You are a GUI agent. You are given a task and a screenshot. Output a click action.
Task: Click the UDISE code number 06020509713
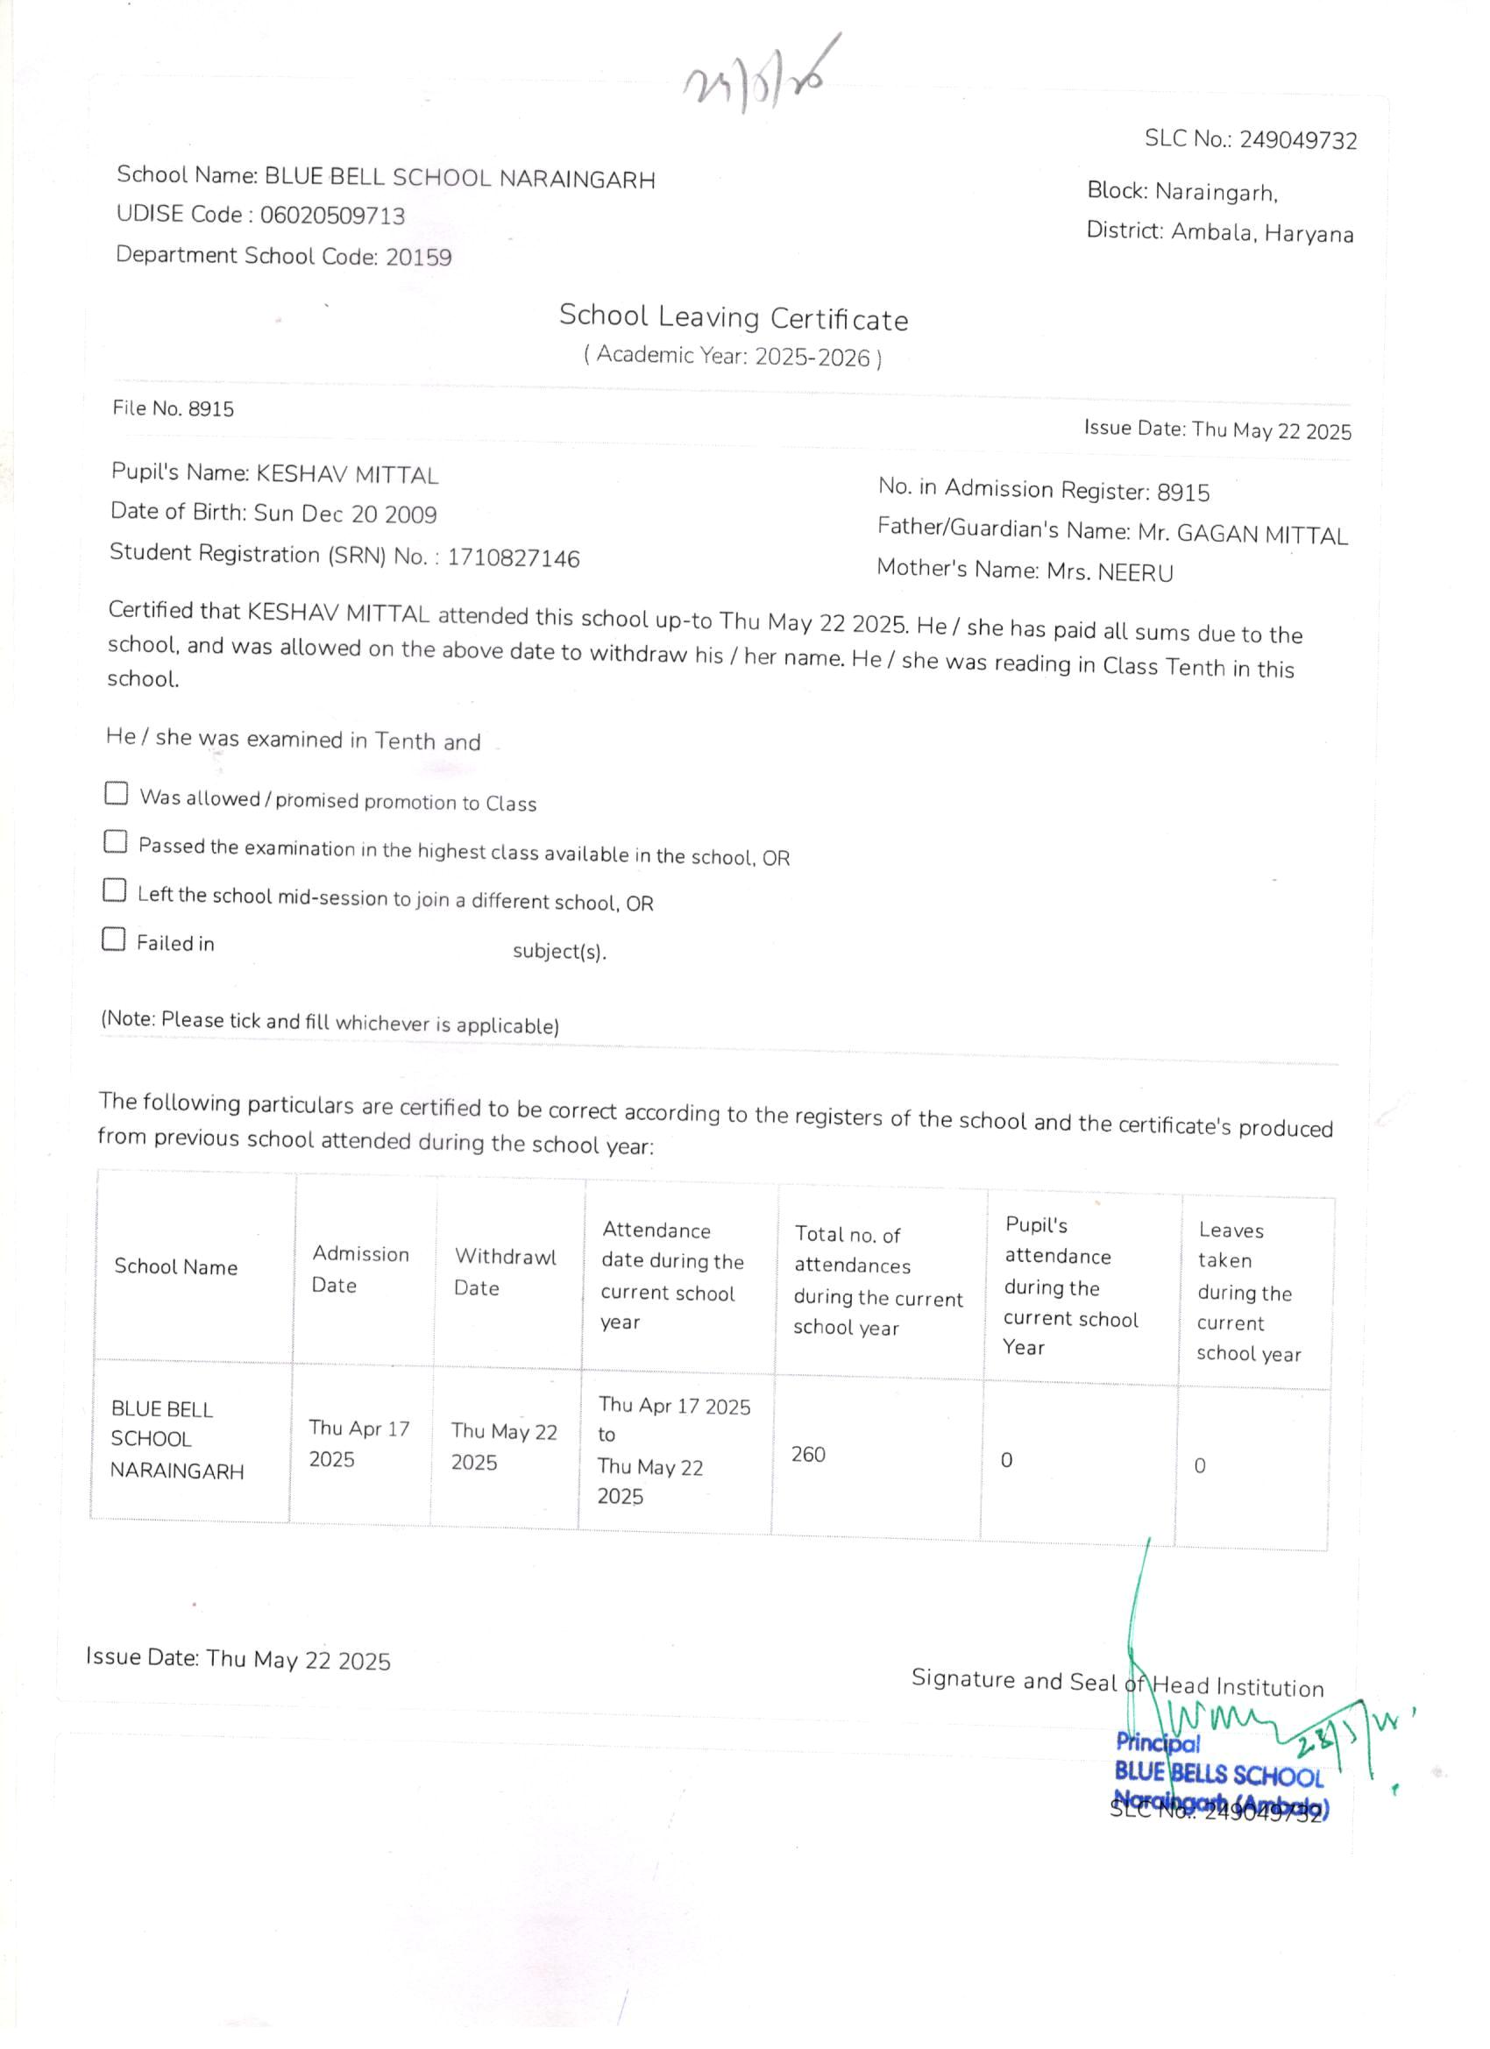[x=331, y=215]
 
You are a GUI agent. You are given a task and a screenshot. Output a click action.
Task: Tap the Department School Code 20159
[x=418, y=258]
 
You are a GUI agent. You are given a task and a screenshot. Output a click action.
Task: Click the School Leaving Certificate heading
[x=733, y=317]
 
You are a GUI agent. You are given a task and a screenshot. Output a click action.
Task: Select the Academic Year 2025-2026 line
[x=732, y=356]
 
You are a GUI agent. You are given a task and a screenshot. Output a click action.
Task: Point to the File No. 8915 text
[x=173, y=408]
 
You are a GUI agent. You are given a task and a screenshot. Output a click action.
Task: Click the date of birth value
[x=345, y=514]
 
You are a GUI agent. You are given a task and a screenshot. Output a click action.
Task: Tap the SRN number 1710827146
[x=514, y=558]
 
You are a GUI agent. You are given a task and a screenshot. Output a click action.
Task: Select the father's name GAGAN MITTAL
[x=1261, y=535]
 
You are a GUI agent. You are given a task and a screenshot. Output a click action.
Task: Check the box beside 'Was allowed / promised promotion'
[x=116, y=793]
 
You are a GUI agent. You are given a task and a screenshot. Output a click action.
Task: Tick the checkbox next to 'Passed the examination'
[x=115, y=842]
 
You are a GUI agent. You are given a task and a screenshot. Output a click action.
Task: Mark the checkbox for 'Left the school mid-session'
[x=114, y=890]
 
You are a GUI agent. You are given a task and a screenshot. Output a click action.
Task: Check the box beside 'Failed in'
[x=113, y=939]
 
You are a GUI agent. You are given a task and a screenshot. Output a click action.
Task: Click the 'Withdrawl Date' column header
[x=504, y=1271]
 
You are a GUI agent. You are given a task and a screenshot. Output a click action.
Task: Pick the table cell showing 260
[x=808, y=1454]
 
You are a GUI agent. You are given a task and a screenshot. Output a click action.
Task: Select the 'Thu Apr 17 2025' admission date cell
[x=358, y=1443]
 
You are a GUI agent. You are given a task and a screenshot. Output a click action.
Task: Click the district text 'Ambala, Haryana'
[x=1262, y=233]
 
